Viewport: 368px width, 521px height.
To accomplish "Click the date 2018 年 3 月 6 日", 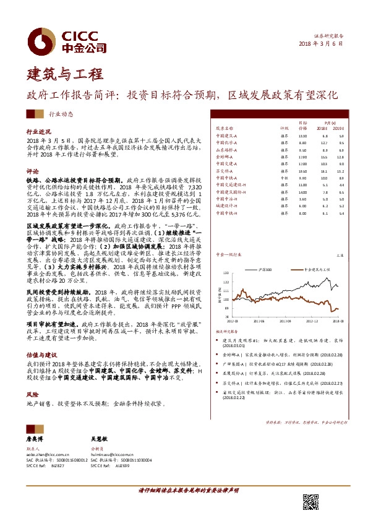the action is tap(320, 44).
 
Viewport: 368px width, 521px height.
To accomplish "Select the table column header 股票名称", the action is tap(224, 128).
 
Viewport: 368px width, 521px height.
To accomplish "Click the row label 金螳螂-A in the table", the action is tap(224, 157).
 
